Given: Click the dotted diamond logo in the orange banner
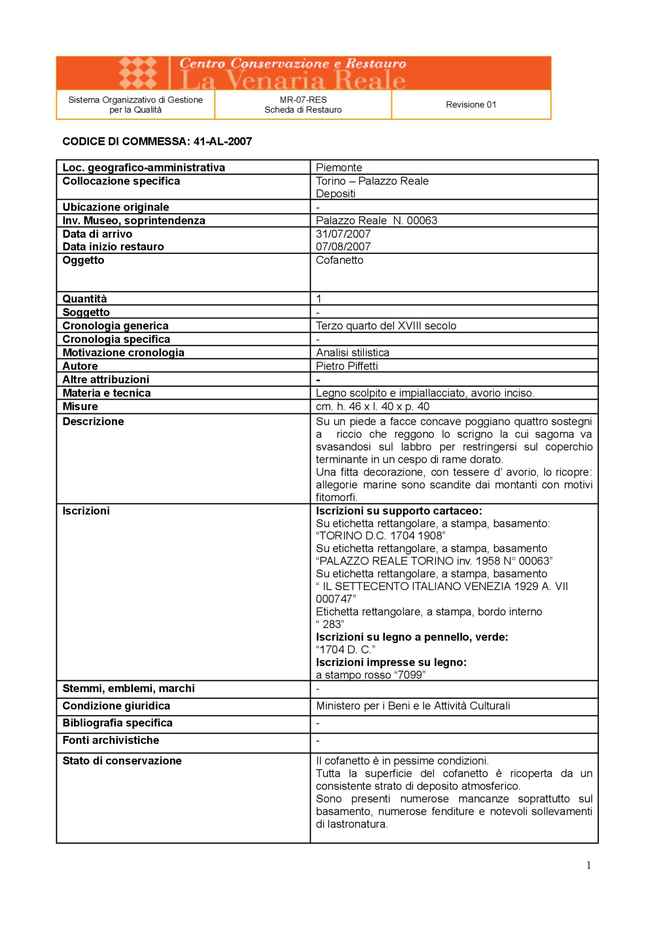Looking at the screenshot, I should point(138,73).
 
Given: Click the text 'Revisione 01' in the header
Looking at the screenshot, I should point(471,105).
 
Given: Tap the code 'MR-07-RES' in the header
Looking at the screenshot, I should point(303,99).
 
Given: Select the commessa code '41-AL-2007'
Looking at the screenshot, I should point(223,142).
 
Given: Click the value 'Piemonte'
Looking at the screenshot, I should point(339,167).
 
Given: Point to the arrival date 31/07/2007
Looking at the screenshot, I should point(343,234).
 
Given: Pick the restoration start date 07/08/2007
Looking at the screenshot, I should point(343,247).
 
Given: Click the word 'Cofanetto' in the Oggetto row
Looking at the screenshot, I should point(339,260).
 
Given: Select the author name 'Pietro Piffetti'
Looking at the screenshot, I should point(347,366).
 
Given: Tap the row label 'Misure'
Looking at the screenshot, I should point(80,407).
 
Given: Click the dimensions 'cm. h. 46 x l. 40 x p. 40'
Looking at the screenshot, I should point(373,407).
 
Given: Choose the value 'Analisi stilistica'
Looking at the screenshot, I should point(352,352).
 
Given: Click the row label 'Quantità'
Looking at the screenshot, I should point(85,299).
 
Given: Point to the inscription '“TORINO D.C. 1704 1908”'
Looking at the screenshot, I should point(381,536).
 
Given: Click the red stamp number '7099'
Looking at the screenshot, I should point(410,675).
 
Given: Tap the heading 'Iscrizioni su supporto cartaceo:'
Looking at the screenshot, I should point(399,511).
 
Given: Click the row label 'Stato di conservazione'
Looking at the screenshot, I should point(122,761).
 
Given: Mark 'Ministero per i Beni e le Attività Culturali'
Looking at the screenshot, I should point(413,706).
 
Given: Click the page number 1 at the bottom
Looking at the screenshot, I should point(588,865).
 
